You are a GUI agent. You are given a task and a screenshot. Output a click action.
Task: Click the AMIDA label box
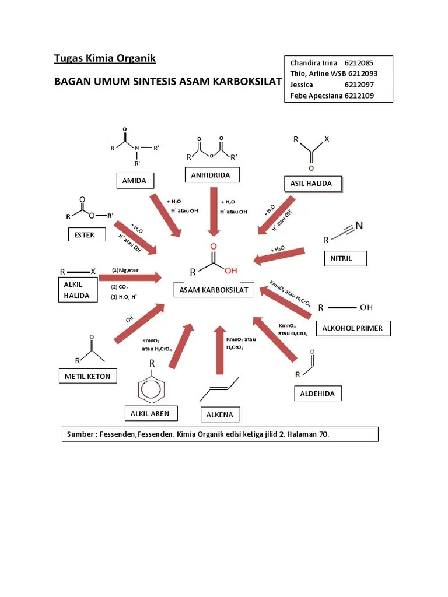point(134,181)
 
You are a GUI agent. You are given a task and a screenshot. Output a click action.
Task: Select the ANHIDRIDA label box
point(211,175)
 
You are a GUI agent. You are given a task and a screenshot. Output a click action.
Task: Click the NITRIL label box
point(345,258)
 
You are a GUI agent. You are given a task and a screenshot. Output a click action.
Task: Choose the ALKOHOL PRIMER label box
point(352,328)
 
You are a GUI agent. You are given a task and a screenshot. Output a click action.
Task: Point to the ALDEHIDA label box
point(317,394)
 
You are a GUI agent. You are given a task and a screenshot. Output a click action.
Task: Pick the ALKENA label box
point(219,415)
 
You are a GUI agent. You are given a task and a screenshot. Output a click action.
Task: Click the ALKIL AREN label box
point(150,413)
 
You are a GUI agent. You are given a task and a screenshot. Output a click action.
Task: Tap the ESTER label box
point(88,235)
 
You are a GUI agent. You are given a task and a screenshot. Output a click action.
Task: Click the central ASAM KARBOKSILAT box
point(213,290)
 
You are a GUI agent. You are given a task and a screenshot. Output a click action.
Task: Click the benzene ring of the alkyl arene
point(152,389)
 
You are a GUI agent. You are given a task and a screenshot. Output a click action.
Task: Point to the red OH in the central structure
point(231,271)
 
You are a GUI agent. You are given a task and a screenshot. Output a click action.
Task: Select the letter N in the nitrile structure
point(359,225)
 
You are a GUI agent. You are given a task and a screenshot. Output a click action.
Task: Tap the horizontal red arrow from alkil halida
point(137,278)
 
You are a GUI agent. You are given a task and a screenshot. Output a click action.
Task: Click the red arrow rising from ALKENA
point(219,350)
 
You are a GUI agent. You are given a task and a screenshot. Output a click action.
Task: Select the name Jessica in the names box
point(302,85)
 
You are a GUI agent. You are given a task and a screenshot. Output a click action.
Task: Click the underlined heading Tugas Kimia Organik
point(105,58)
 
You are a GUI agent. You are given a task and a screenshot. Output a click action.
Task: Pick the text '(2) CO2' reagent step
point(120,287)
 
